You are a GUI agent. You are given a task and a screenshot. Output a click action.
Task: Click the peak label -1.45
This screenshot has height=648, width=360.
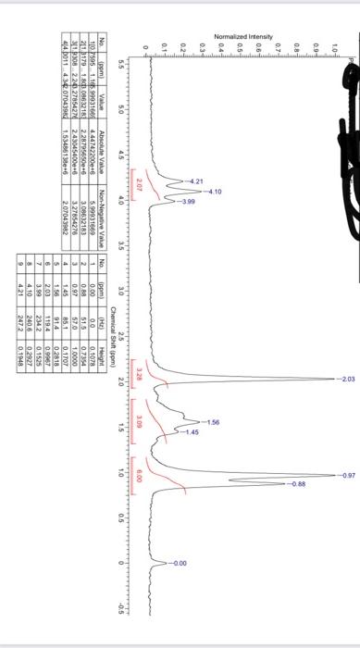click(x=191, y=431)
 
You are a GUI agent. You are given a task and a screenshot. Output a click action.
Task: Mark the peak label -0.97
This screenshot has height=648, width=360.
click(x=343, y=475)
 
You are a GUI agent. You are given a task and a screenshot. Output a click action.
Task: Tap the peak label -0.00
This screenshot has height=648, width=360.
click(x=180, y=563)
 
